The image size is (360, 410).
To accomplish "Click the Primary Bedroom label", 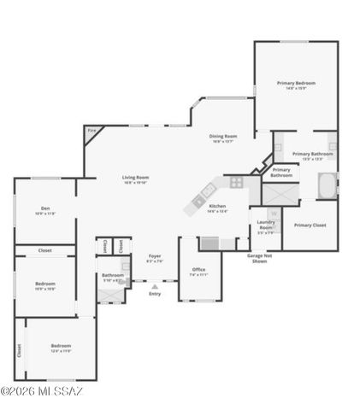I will pos(296,83).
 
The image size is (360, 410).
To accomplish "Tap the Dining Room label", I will pos(224,136).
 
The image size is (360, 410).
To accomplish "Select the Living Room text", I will pos(136,178).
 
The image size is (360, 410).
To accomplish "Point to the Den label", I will pos(44,209).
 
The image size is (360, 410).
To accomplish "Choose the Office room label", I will pos(198,270).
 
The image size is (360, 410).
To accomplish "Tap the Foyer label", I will pos(155,256).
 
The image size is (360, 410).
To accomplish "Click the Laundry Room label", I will pos(266,226).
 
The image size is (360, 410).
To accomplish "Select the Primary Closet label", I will pos(310,225).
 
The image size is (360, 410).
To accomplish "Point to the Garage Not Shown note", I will pos(260,258).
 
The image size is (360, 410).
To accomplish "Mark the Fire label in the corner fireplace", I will pos(91,130).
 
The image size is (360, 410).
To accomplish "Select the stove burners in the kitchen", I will pos(236,181).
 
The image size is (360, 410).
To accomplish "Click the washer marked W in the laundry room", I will pos(274,214).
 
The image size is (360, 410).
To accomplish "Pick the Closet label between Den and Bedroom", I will pos(44,251).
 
